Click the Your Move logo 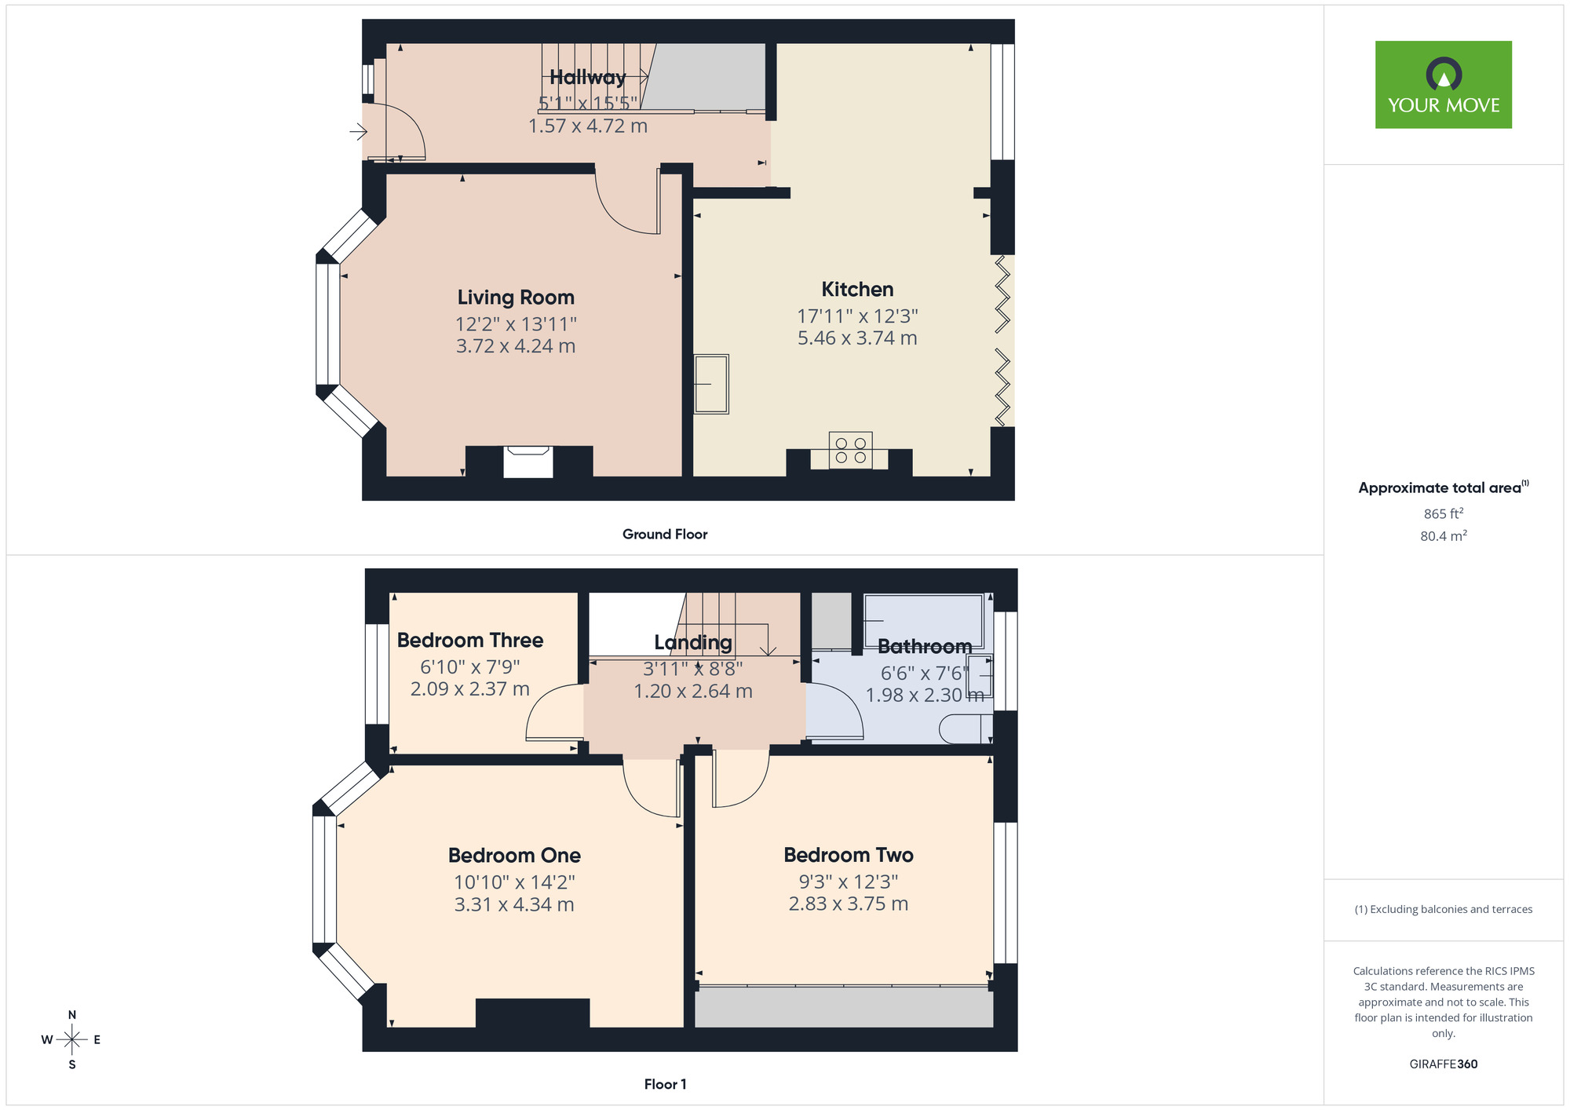point(1443,85)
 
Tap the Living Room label point(516,298)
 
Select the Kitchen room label point(857,290)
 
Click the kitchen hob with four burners point(850,450)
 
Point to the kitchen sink point(711,384)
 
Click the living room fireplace point(528,461)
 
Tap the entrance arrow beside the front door point(358,132)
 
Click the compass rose point(72,1040)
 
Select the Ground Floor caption point(665,535)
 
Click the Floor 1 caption point(665,1084)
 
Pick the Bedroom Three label point(469,641)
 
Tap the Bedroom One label point(514,856)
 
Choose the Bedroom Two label point(849,855)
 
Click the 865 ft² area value point(1443,514)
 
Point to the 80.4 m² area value point(1443,536)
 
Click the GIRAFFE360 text point(1443,1064)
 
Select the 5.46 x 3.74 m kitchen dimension point(857,338)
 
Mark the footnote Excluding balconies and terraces point(1443,910)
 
